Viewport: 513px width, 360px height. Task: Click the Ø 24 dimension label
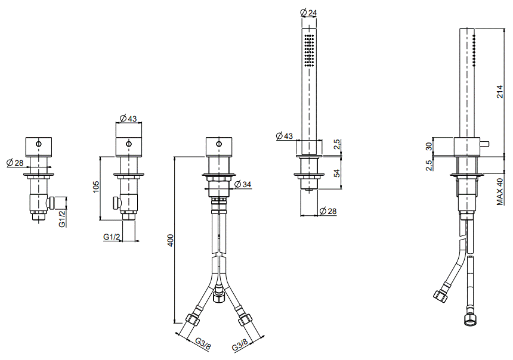coord(308,13)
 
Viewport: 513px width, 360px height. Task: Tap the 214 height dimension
coord(500,92)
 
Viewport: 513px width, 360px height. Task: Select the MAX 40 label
coord(500,191)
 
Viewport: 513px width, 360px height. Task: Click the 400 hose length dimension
coord(171,240)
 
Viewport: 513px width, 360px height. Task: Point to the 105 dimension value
coord(95,187)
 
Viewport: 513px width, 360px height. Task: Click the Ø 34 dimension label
coord(243,184)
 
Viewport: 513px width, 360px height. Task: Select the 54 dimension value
coord(337,173)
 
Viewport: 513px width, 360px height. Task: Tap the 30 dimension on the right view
coord(429,146)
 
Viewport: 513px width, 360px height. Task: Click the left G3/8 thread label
coord(203,344)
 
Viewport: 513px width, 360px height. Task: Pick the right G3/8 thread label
coord(240,345)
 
